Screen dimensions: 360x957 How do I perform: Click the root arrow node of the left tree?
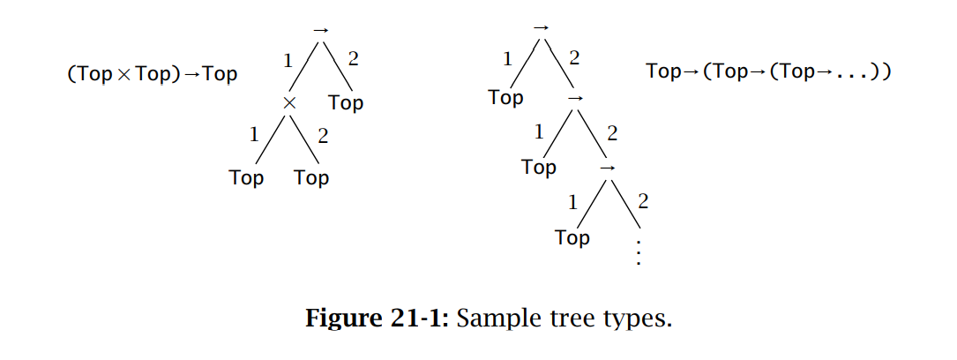click(x=320, y=30)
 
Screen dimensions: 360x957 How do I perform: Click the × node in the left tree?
click(x=288, y=103)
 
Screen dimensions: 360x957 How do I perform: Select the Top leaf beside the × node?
click(x=346, y=102)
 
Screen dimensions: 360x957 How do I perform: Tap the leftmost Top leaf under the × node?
click(x=246, y=177)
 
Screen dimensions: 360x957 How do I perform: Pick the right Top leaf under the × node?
click(x=311, y=177)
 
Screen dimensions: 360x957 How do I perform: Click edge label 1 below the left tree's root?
click(x=288, y=61)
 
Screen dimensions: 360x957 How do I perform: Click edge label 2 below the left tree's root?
click(x=353, y=61)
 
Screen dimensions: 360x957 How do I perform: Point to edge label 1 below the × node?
click(x=255, y=135)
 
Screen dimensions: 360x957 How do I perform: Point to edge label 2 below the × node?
click(x=323, y=136)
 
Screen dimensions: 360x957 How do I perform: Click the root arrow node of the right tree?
click(x=542, y=27)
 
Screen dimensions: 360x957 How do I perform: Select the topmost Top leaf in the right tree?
click(x=505, y=97)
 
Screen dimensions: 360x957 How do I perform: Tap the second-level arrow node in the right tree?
click(x=575, y=97)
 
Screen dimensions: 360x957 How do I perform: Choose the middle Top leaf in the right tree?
click(x=538, y=166)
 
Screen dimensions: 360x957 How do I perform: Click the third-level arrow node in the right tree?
click(x=607, y=166)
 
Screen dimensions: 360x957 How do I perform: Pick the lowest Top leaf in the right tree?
click(x=572, y=237)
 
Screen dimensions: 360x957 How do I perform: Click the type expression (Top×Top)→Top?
click(x=153, y=74)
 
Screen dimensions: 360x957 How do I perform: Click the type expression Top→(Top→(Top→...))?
click(x=768, y=71)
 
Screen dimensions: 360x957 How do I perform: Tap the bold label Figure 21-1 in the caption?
click(x=378, y=317)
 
